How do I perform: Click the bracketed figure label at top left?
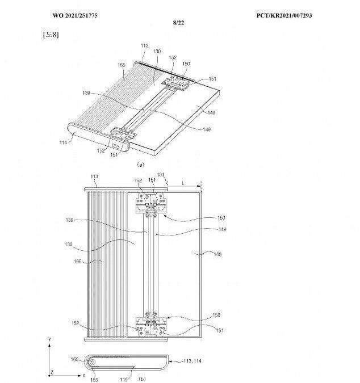click(x=51, y=35)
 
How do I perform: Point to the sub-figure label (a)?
click(x=140, y=164)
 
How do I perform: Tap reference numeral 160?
click(x=74, y=358)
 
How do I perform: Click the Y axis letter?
click(x=51, y=339)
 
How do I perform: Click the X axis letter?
click(x=83, y=375)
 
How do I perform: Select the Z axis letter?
click(x=52, y=372)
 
